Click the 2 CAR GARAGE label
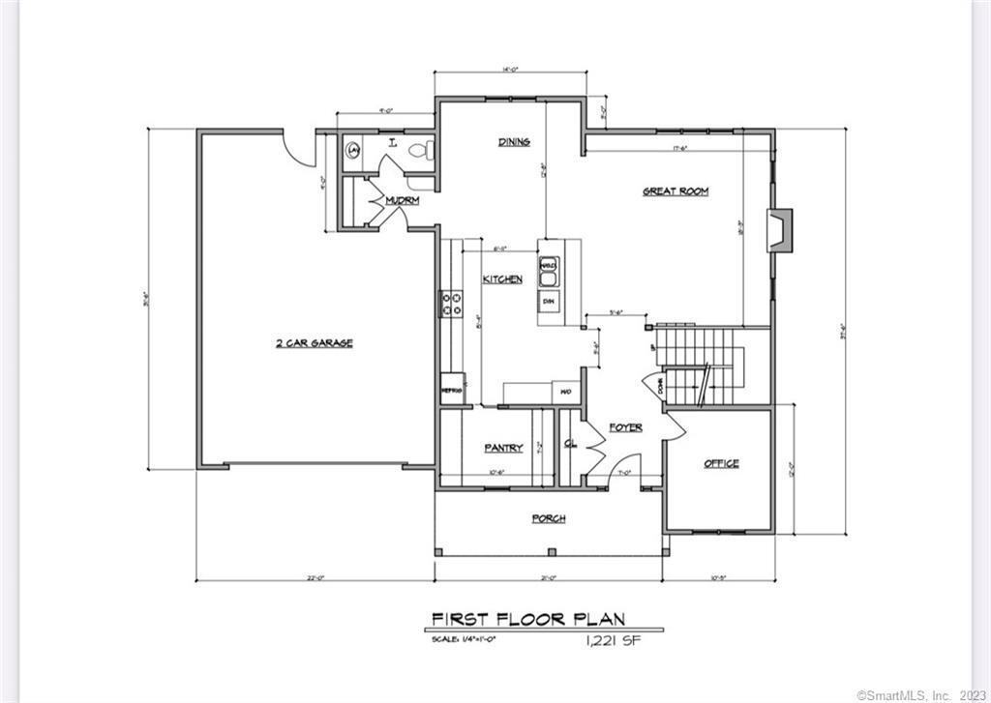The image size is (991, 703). click(x=314, y=343)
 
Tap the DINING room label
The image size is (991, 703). click(x=514, y=142)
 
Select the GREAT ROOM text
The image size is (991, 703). click(x=676, y=191)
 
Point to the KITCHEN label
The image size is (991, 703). click(x=502, y=279)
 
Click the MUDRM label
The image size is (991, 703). click(x=401, y=201)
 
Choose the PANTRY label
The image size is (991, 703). click(x=503, y=448)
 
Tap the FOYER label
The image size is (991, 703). click(x=625, y=427)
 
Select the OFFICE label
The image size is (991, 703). click(x=721, y=464)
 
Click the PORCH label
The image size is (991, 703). click(x=548, y=519)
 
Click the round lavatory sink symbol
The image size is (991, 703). click(x=353, y=150)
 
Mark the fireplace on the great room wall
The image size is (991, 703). click(x=780, y=231)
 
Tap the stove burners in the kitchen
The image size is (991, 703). click(x=451, y=305)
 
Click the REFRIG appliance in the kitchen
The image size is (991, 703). click(x=451, y=389)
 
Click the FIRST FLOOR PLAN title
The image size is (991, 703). click(x=527, y=619)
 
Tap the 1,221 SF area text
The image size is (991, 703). click(x=613, y=640)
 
